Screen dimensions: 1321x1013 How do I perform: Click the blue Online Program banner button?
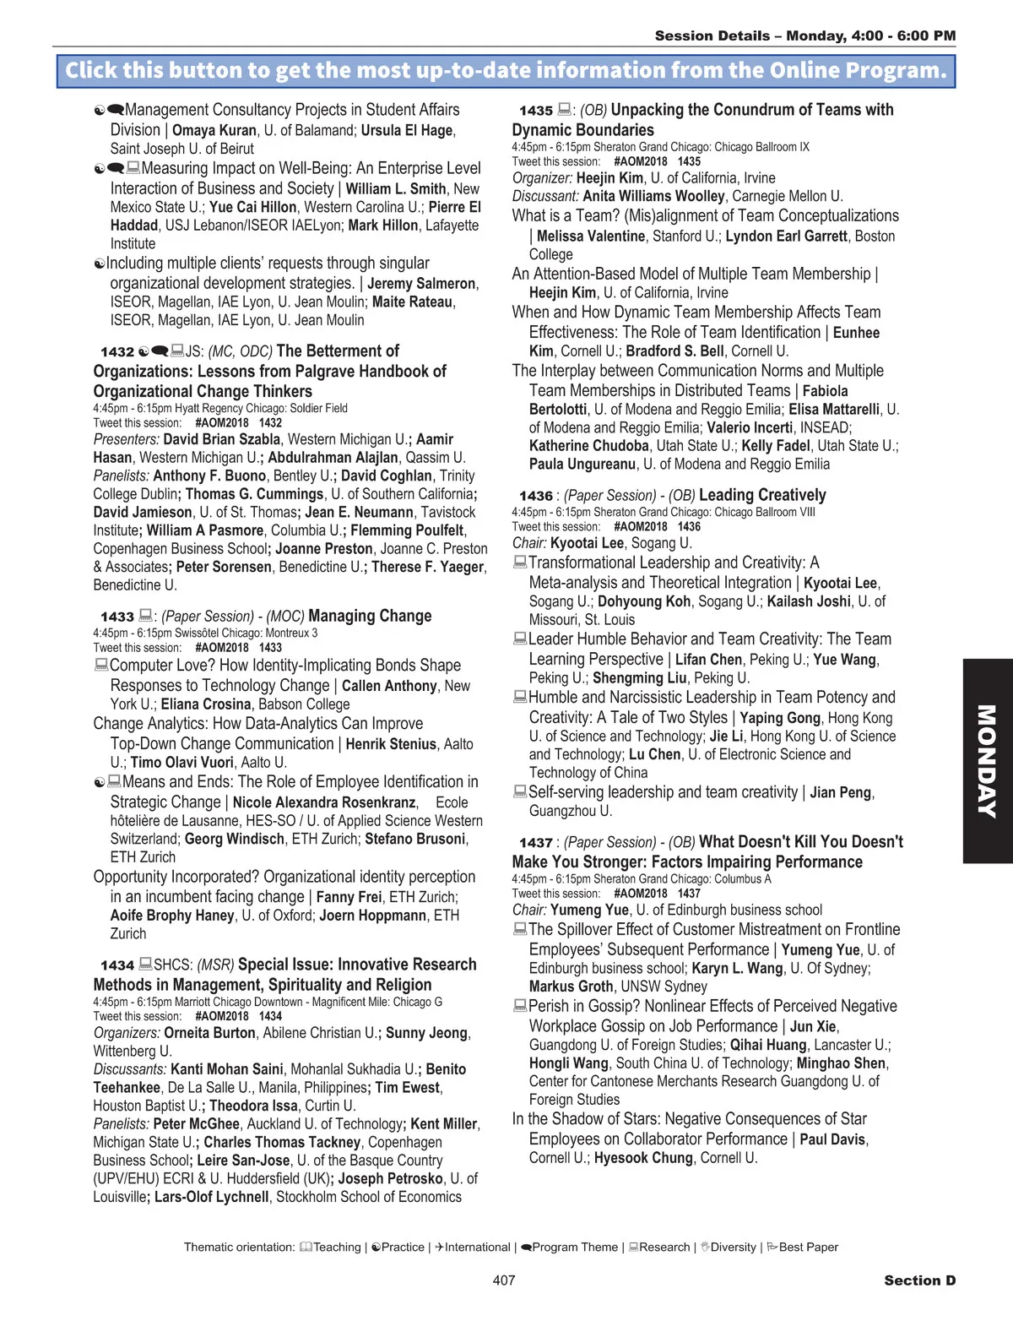pyautogui.click(x=506, y=70)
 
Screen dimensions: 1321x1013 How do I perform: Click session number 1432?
pyautogui.click(x=117, y=352)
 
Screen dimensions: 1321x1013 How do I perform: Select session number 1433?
pyautogui.click(x=117, y=617)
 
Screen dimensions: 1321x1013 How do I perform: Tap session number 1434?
pyautogui.click(x=117, y=965)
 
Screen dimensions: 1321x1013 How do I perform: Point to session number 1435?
pyautogui.click(x=536, y=111)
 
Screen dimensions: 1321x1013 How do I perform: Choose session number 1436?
pyautogui.click(x=536, y=496)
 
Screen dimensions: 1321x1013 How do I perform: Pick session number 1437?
pyautogui.click(x=536, y=843)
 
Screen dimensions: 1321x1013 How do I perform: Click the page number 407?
pyautogui.click(x=504, y=1280)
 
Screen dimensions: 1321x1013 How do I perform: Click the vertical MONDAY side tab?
pyautogui.click(x=987, y=760)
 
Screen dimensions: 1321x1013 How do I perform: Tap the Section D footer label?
pyautogui.click(x=919, y=1280)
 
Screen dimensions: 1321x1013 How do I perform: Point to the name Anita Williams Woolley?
pyautogui.click(x=665, y=196)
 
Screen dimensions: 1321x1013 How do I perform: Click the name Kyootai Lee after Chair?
pyautogui.click(x=588, y=543)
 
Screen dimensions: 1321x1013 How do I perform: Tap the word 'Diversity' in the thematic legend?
pyautogui.click(x=733, y=1248)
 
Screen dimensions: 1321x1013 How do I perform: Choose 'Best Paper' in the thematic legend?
pyautogui.click(x=808, y=1248)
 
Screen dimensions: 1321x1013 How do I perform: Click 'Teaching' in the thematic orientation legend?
pyautogui.click(x=337, y=1248)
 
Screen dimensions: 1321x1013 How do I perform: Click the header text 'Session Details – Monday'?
pyautogui.click(x=750, y=35)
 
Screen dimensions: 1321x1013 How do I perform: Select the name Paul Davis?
pyautogui.click(x=832, y=1139)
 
